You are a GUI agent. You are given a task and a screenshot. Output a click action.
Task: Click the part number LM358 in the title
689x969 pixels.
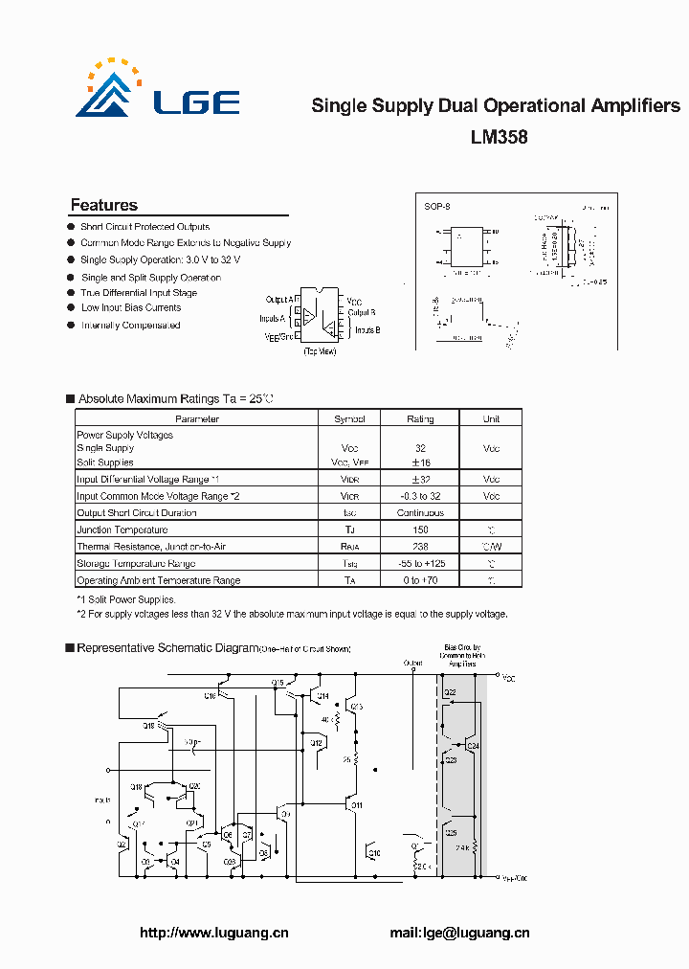[x=499, y=137]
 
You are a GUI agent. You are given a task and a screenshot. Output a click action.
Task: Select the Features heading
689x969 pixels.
[x=104, y=205]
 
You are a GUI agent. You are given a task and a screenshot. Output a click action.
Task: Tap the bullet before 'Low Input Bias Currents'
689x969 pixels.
[x=71, y=307]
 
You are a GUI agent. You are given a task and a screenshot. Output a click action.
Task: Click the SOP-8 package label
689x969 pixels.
[x=436, y=206]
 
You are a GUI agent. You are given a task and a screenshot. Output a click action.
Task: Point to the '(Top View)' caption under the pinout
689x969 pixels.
[x=319, y=351]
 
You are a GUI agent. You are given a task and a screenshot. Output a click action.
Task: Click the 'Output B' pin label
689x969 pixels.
[x=362, y=313]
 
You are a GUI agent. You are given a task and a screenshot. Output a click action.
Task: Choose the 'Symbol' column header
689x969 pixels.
[x=349, y=418]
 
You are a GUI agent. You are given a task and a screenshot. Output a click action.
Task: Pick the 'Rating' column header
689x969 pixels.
[x=420, y=418]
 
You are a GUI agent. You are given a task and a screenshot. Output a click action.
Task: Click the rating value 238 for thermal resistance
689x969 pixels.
[x=420, y=547]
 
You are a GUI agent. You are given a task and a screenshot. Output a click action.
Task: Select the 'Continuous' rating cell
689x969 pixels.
[x=420, y=513]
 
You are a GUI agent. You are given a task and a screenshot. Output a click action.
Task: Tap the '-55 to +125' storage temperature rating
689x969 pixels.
[x=420, y=564]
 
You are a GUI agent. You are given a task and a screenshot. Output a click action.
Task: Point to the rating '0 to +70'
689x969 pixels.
[x=420, y=580]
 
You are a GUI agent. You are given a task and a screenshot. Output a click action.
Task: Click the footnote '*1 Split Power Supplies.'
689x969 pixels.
[x=126, y=599]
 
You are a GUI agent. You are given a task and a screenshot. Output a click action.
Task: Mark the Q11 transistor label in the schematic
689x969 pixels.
[x=357, y=805]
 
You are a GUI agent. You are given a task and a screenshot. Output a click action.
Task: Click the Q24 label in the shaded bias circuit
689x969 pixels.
[x=474, y=746]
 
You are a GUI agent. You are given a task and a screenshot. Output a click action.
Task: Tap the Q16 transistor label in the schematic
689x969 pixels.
[x=211, y=696]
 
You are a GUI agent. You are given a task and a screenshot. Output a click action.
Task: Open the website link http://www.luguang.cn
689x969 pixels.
[x=214, y=934]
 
